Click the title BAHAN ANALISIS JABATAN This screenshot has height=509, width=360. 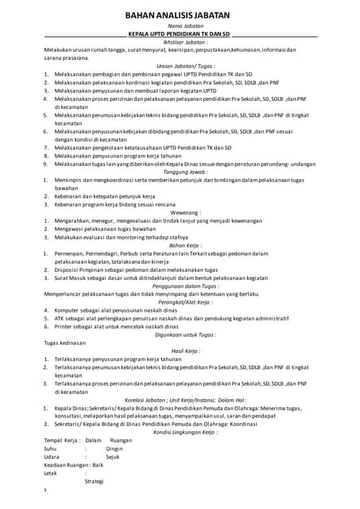180,14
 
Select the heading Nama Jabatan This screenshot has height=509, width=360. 180,26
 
